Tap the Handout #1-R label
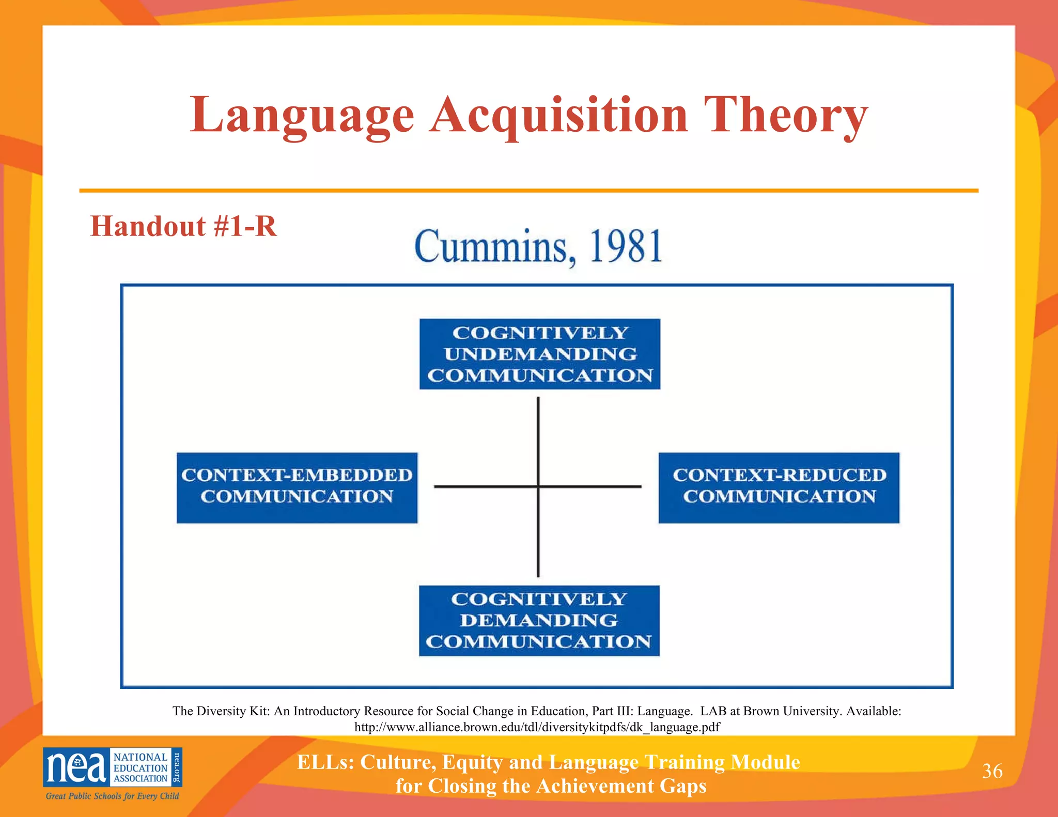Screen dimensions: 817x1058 coord(183,226)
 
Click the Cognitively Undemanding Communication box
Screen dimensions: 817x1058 coord(539,354)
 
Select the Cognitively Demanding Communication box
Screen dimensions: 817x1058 coord(539,620)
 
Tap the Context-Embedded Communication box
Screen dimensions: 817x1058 coord(297,488)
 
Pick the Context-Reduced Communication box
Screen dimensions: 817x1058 coord(779,488)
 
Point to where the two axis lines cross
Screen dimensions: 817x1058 coord(538,486)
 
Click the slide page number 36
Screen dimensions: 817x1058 coord(992,771)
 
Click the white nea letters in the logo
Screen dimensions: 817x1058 coord(76,767)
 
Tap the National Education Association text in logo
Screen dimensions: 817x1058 coord(140,767)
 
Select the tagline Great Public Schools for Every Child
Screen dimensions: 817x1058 coord(112,796)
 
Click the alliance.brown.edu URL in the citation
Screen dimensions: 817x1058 coord(537,727)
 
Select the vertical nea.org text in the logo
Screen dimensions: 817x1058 coord(176,767)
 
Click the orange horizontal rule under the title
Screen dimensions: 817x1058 coord(528,191)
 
